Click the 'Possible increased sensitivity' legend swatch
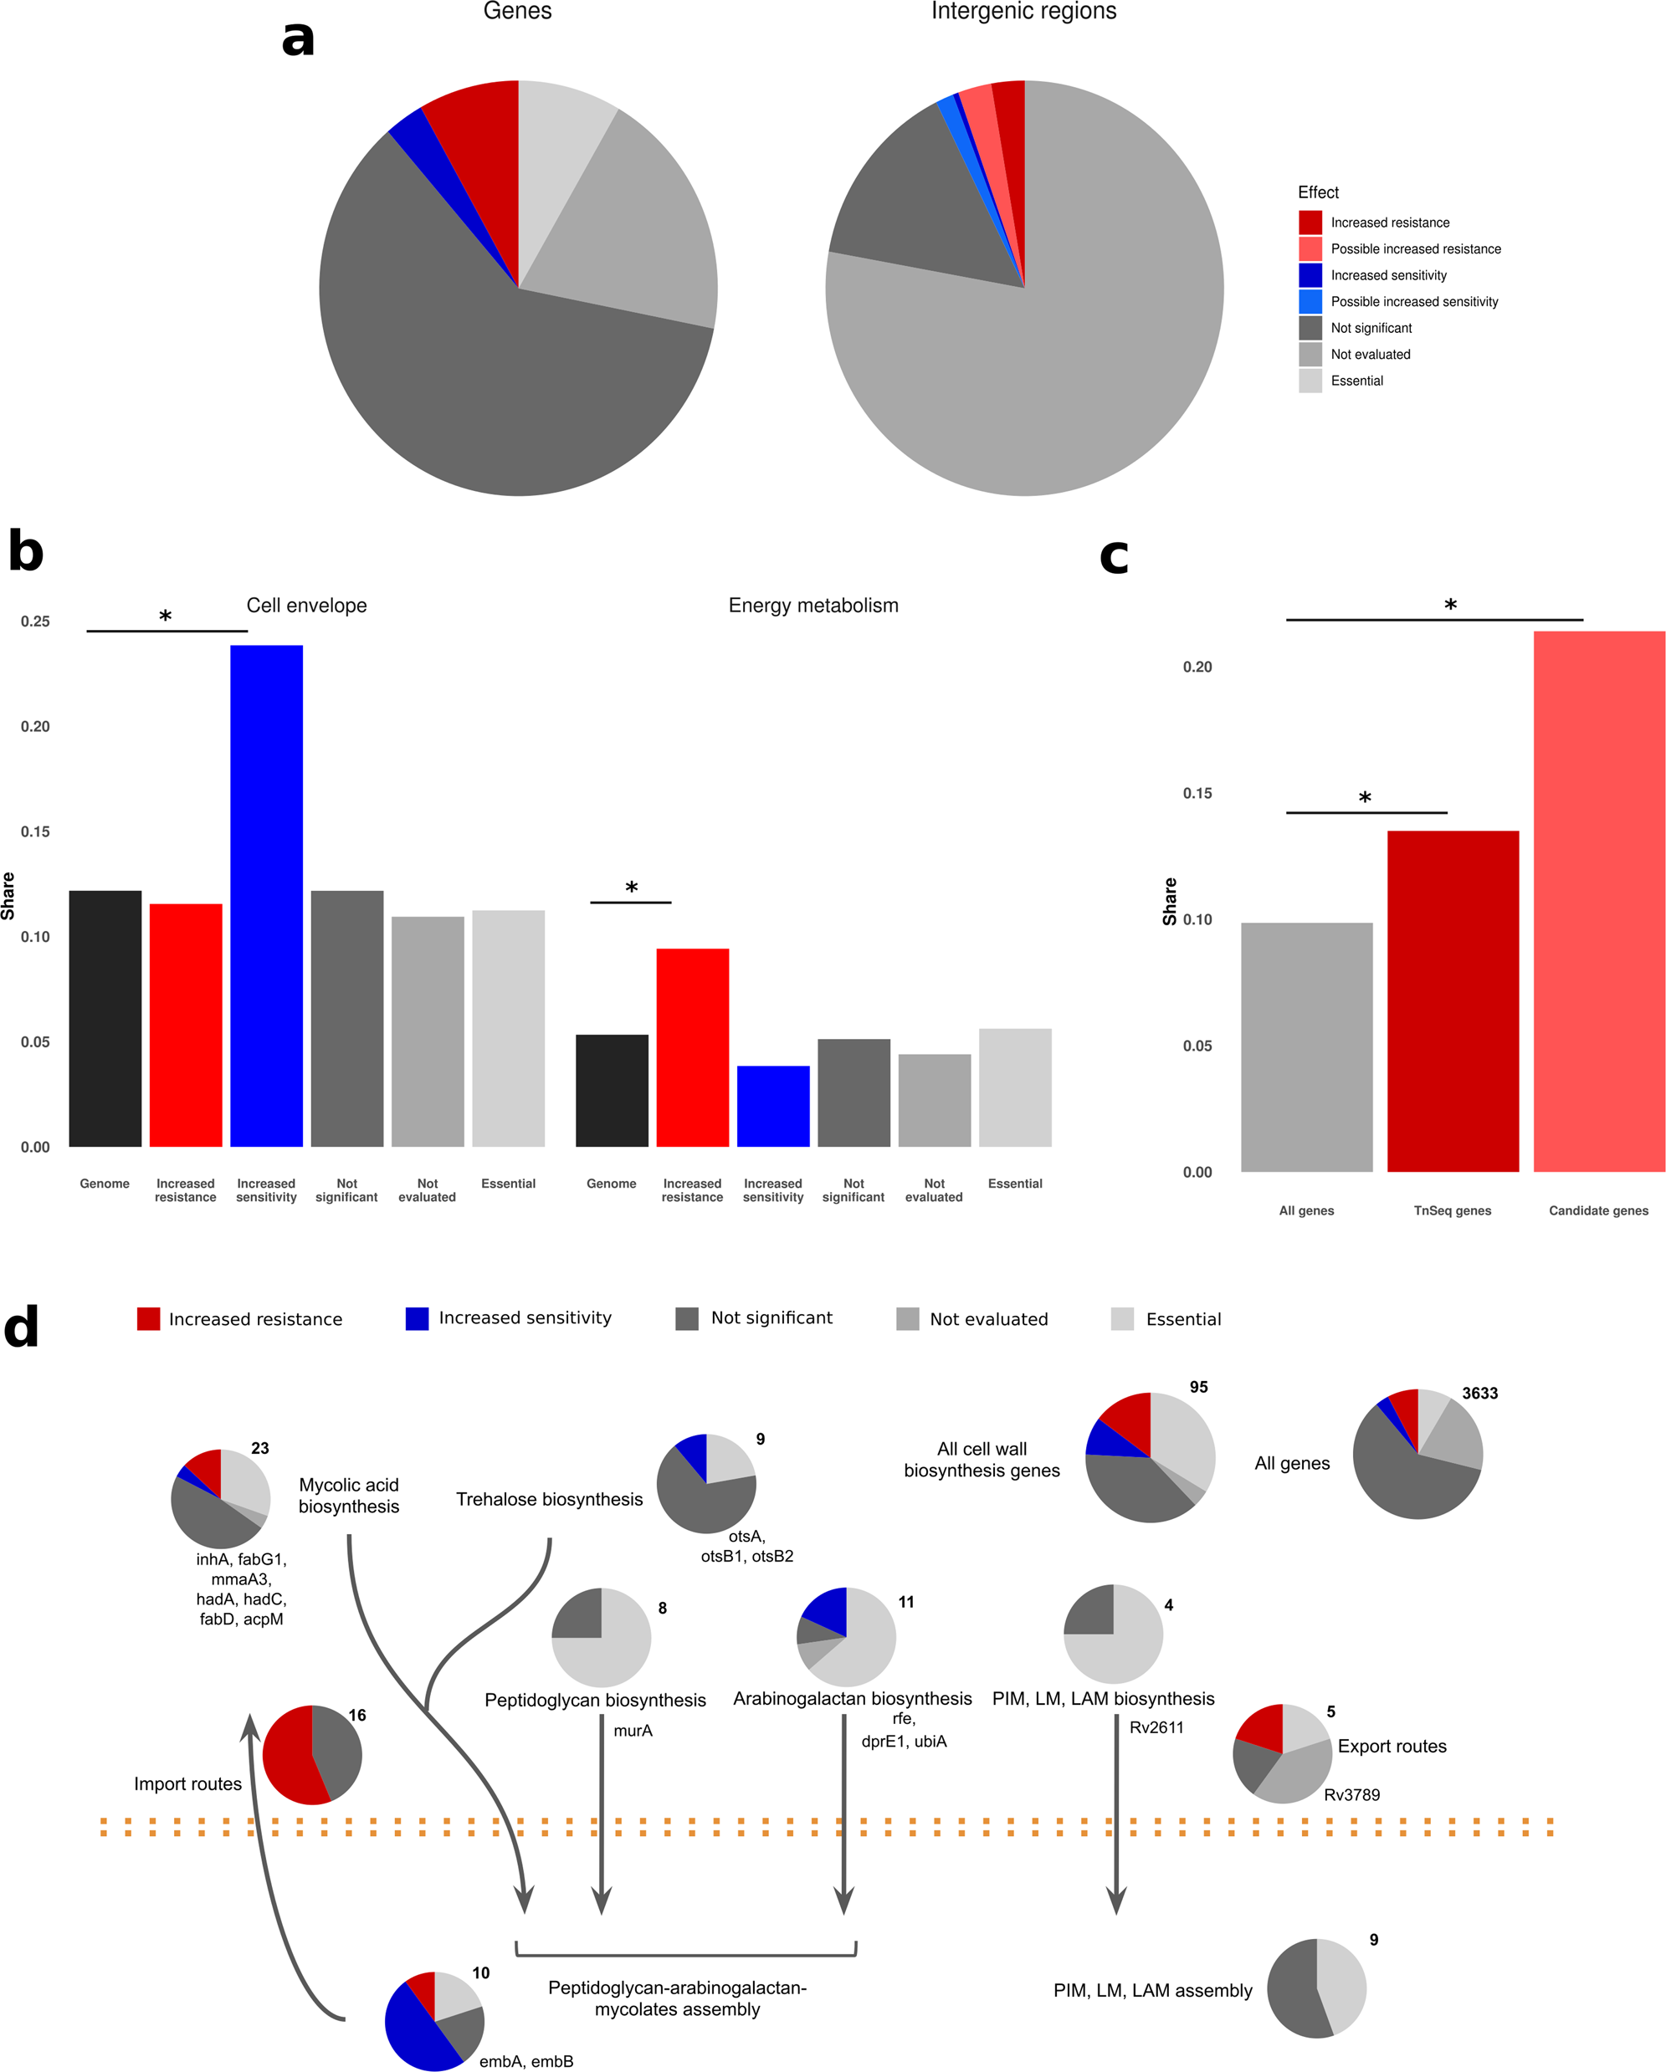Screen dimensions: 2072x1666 point(1310,302)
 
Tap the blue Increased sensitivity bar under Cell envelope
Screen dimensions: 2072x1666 point(266,893)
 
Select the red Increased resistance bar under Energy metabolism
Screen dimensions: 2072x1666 point(692,1047)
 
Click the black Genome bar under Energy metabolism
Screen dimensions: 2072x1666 point(612,1091)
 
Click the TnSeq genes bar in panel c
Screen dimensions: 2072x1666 point(1452,1000)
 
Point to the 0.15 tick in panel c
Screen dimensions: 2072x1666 point(1197,793)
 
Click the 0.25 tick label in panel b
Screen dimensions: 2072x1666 point(36,622)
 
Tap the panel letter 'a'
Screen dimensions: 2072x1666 point(298,38)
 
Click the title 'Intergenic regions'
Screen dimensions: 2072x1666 point(1024,12)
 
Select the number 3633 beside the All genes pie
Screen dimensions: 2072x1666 point(1479,1394)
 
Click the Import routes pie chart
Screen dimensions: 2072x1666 point(312,1755)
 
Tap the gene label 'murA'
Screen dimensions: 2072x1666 point(633,1731)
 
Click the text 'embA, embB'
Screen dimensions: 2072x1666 point(525,2061)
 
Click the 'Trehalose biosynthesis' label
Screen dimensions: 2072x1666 point(549,1499)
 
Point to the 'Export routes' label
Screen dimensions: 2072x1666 point(1391,1747)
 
